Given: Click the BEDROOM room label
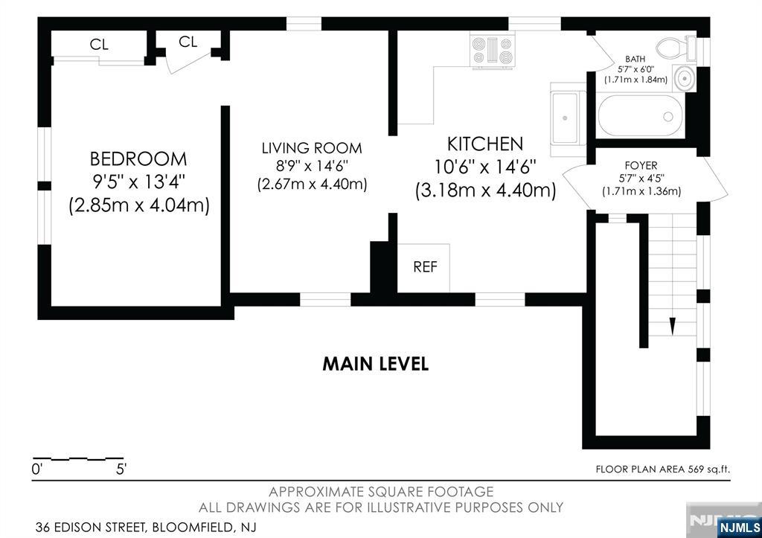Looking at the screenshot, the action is pyautogui.click(x=138, y=159).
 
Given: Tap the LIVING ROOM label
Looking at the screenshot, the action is pyautogui.click(x=312, y=148).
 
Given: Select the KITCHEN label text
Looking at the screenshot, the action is pyautogui.click(x=485, y=144).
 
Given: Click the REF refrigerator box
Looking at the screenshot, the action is pyautogui.click(x=423, y=268).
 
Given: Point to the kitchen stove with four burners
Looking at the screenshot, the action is pyautogui.click(x=493, y=51).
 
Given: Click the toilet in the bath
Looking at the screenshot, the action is pyautogui.click(x=676, y=48).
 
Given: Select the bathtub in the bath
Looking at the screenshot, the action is pyautogui.click(x=640, y=115).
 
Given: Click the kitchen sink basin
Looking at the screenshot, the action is pyautogui.click(x=565, y=118).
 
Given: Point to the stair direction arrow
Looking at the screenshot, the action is pyautogui.click(x=673, y=326).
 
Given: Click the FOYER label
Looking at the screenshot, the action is pyautogui.click(x=641, y=166).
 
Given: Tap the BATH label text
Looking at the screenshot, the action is pyautogui.click(x=635, y=59).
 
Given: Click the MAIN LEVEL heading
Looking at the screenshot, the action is pyautogui.click(x=376, y=364).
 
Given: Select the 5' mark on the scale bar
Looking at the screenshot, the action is pyautogui.click(x=121, y=470).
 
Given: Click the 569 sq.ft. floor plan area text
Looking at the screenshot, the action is pyautogui.click(x=708, y=470).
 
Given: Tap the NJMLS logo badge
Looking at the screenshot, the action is pyautogui.click(x=739, y=528).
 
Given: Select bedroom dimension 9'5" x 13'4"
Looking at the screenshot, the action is pyautogui.click(x=138, y=182).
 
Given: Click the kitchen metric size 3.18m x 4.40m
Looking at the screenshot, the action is pyautogui.click(x=485, y=190).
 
